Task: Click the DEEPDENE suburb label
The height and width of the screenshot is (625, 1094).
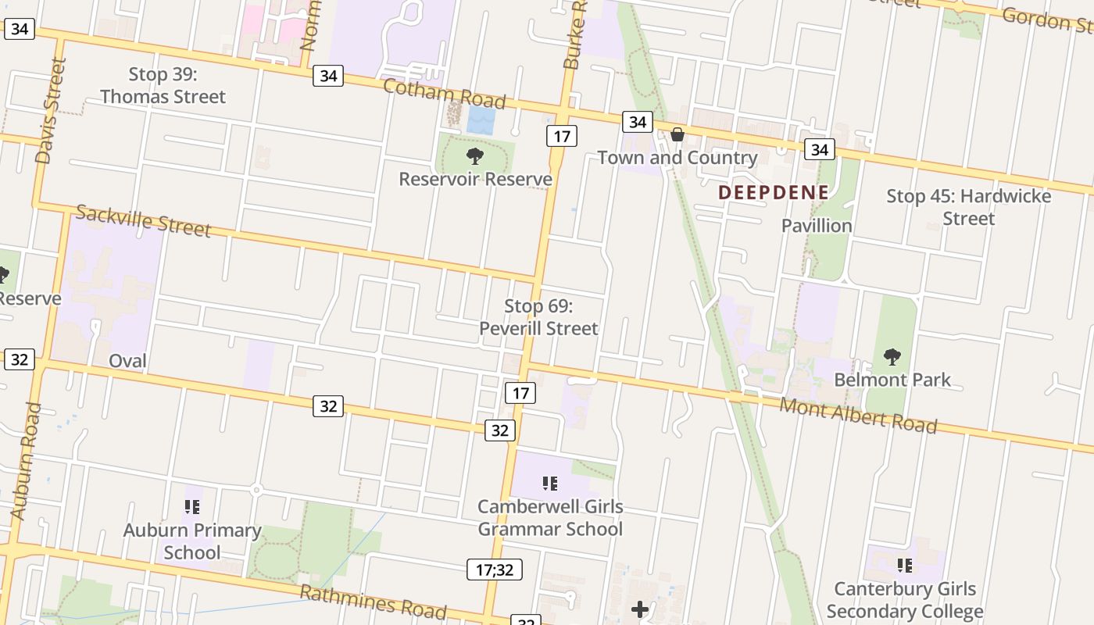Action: [773, 192]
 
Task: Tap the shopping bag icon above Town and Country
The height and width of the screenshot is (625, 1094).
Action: [677, 134]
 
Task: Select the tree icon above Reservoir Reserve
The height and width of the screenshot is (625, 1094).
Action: [474, 156]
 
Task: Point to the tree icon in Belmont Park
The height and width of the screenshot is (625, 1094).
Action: [892, 358]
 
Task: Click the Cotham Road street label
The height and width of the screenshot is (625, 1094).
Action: [444, 94]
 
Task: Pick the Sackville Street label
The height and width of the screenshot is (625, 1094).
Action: [143, 220]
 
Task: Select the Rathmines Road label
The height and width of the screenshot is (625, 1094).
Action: [374, 602]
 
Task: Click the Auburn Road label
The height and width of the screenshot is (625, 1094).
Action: [24, 461]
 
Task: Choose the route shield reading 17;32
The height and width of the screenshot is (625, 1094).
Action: [495, 570]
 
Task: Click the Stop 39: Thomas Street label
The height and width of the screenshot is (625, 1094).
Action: [163, 86]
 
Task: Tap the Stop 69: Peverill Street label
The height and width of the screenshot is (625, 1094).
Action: [538, 317]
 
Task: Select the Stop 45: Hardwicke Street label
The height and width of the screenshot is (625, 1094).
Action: [968, 207]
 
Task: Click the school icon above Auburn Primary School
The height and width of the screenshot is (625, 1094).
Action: [192, 507]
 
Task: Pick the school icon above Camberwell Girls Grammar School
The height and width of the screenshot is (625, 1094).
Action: [549, 484]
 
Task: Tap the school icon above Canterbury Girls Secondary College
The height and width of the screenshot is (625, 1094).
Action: [905, 565]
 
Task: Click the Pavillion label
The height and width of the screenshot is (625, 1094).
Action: [817, 226]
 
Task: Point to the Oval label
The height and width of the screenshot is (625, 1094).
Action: [127, 361]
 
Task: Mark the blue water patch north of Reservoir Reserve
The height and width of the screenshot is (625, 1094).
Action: [481, 120]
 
